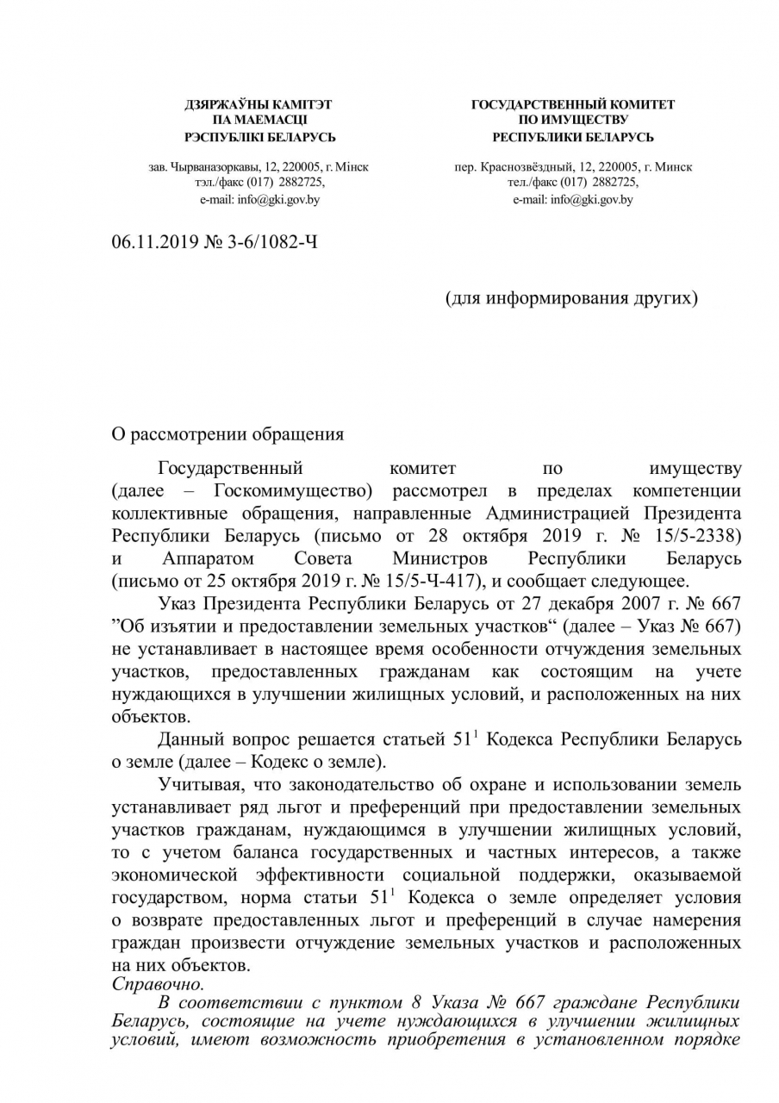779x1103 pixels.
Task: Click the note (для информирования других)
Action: [x=570, y=298]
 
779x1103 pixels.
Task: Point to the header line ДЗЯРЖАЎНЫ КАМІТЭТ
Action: [x=259, y=104]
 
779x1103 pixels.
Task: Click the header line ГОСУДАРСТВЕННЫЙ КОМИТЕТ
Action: [x=573, y=104]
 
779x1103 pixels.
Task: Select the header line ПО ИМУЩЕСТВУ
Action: [x=573, y=121]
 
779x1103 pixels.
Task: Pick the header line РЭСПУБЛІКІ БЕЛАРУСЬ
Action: [x=260, y=137]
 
